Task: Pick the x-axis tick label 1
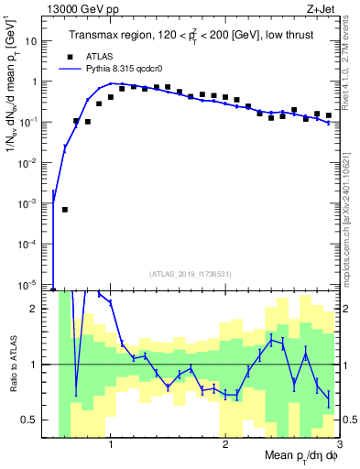point(111,443)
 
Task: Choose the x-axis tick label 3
point(339,443)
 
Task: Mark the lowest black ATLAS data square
point(65,210)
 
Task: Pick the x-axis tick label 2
point(225,443)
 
